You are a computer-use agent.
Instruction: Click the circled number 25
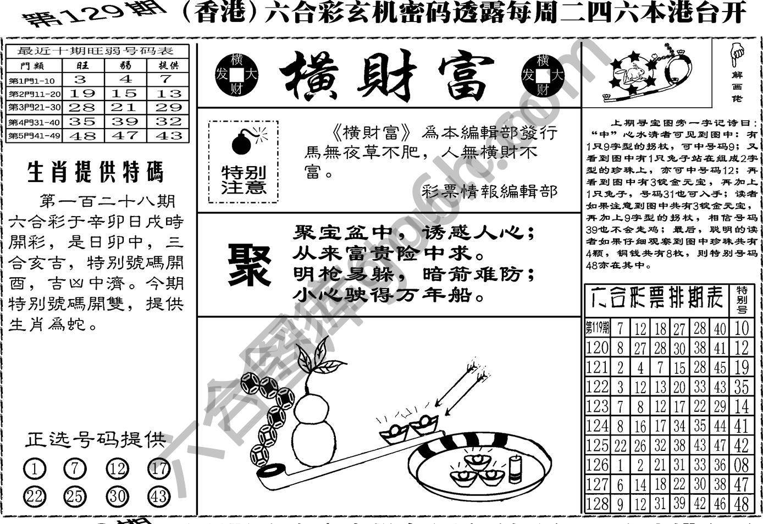pos(75,497)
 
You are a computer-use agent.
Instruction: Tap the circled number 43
pos(158,497)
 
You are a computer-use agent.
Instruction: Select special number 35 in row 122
pos(742,387)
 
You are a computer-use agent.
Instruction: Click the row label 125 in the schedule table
pos(597,445)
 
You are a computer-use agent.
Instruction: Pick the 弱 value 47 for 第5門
pos(125,135)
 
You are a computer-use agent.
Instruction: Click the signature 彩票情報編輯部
pos(490,191)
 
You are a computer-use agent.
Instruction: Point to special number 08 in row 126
pos(742,465)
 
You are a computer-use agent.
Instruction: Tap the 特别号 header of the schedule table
pos(742,300)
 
